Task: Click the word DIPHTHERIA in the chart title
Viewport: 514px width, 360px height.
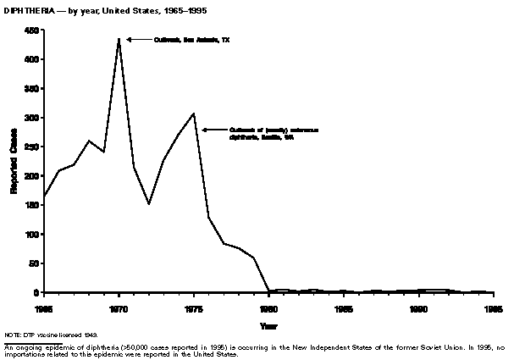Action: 27,10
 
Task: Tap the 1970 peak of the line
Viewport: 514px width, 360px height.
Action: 119,39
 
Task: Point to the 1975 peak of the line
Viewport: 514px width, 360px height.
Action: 194,114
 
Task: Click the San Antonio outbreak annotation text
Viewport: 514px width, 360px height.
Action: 191,39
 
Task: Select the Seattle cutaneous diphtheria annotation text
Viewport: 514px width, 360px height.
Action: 267,134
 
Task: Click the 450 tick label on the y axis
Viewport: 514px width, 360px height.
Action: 32,30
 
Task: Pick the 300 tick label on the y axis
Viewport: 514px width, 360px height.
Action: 32,118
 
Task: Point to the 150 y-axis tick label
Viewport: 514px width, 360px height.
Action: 32,205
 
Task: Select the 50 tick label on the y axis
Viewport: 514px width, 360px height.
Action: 35,263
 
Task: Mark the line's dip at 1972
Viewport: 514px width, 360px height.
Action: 148,204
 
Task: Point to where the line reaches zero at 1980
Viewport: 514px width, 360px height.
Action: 268,291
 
